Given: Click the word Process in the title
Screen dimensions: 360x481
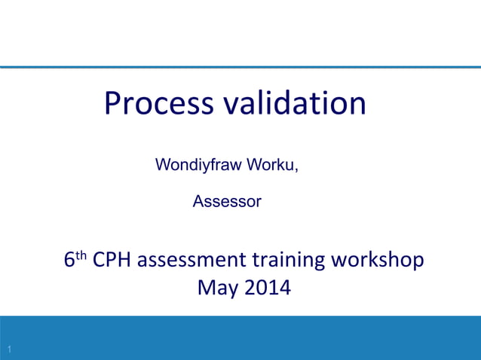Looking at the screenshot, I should tap(158, 104).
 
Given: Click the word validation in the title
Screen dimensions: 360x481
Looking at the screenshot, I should tap(293, 103).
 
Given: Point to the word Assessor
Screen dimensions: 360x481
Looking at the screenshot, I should tap(227, 202).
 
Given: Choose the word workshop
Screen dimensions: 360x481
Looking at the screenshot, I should tap(380, 261).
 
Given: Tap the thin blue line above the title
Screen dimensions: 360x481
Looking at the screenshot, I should tap(240, 68).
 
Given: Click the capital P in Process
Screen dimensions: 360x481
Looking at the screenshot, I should tap(113, 103).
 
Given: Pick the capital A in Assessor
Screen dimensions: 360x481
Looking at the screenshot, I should tap(199, 202).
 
